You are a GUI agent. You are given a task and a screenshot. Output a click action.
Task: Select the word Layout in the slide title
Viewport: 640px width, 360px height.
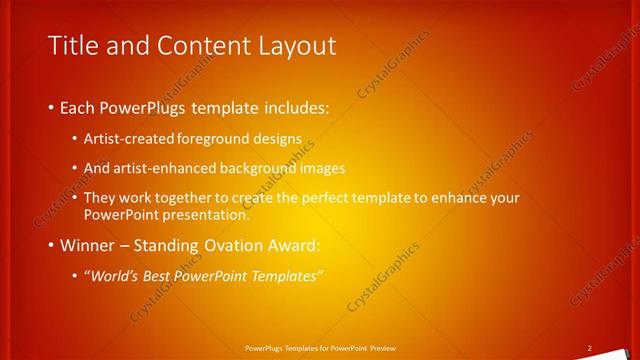(296, 46)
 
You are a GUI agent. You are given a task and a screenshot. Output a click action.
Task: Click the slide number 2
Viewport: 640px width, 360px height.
(590, 347)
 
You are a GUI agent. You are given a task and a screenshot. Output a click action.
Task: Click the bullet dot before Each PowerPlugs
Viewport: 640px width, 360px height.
(52, 106)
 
